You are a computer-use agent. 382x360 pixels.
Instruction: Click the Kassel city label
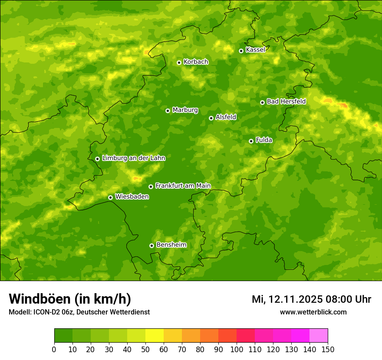coord(255,50)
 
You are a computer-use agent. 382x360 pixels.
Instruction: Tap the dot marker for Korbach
coord(179,62)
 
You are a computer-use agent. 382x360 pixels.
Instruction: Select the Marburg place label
coord(185,110)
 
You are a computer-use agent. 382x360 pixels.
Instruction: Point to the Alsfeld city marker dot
coord(211,118)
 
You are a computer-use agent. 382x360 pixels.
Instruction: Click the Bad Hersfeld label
coord(286,101)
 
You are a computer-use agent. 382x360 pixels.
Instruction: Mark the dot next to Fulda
coord(251,141)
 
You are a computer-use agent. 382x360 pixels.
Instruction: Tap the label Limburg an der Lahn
coord(133,158)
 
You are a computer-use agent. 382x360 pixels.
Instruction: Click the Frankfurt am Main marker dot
coord(151,187)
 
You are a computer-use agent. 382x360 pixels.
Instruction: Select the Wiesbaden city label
coord(132,197)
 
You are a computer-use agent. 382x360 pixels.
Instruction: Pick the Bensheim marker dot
coord(151,245)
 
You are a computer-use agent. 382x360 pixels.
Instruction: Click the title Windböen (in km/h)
coord(70,299)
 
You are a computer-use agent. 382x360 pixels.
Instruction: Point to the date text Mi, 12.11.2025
coord(286,299)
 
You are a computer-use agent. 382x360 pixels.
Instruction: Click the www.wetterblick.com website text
coord(313,312)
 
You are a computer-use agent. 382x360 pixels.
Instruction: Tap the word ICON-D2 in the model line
coord(46,312)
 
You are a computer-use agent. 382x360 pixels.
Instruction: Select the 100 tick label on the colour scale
coord(236,349)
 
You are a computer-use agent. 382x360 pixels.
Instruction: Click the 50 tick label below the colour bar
coord(145,349)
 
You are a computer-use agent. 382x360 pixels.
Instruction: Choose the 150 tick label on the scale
coord(327,349)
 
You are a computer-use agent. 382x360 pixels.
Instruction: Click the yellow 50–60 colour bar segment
coord(154,336)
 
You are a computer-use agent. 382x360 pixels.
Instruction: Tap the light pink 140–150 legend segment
coord(318,336)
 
